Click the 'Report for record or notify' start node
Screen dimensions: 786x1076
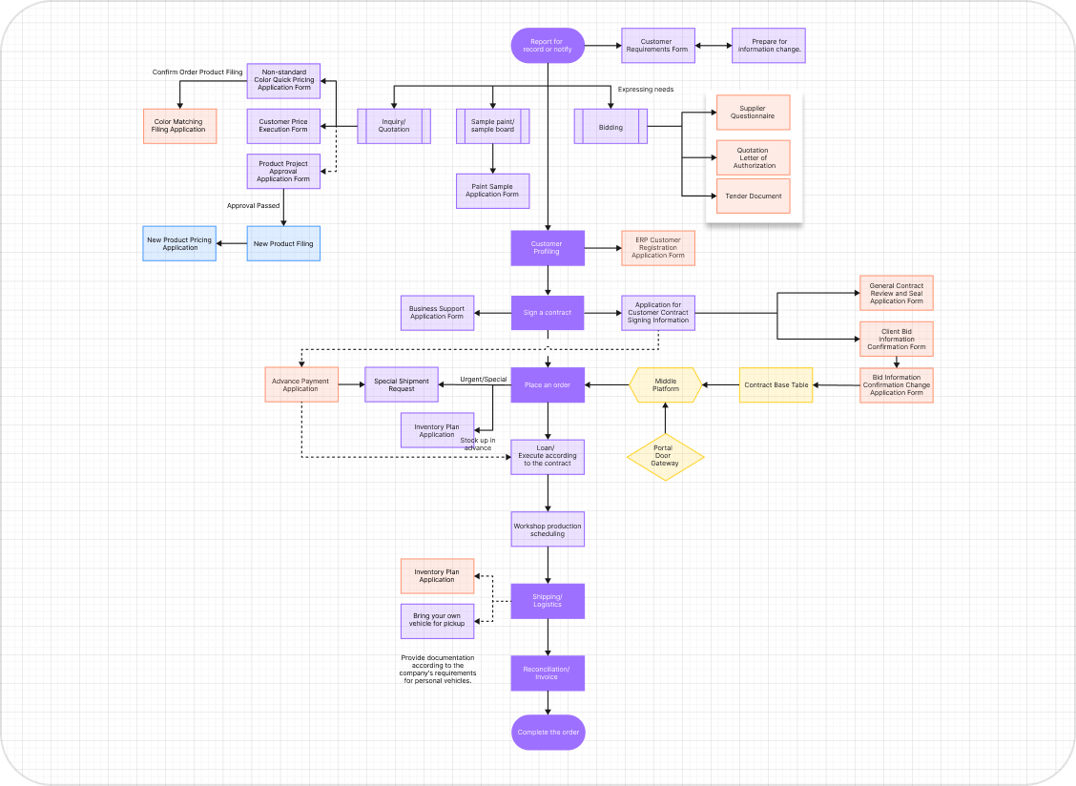(548, 45)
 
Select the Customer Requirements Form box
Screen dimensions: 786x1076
(657, 45)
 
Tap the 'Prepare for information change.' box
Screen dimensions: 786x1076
(769, 45)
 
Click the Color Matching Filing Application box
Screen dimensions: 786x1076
(179, 126)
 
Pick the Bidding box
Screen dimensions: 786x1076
(610, 127)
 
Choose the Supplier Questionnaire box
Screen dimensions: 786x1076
(753, 113)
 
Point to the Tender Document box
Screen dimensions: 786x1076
(753, 196)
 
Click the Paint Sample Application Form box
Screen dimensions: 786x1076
(492, 191)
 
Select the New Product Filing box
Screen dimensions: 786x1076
(282, 243)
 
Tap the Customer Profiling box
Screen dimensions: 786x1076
(548, 248)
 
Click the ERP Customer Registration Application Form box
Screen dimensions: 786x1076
(657, 248)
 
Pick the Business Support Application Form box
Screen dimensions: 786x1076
(437, 312)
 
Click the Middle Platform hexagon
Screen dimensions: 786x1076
(665, 385)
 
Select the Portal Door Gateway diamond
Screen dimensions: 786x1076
(665, 456)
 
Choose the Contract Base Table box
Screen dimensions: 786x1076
(776, 385)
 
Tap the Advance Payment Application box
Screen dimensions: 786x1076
(300, 384)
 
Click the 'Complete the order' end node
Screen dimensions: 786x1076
(548, 733)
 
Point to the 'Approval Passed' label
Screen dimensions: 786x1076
(253, 205)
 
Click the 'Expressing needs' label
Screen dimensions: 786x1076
(645, 90)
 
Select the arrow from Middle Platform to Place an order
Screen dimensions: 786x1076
(607, 385)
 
